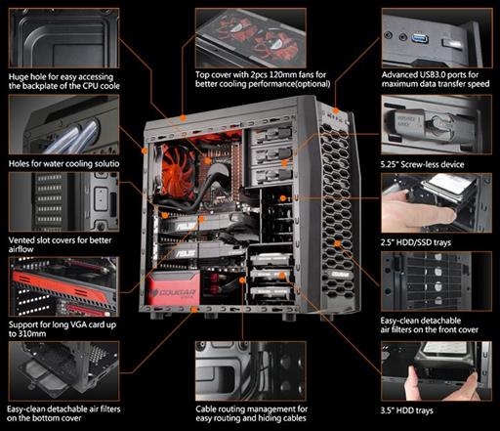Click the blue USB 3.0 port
(419, 38)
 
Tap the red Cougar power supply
(174, 289)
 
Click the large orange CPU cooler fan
(176, 170)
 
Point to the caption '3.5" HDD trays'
(407, 410)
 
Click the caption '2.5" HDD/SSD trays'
(416, 242)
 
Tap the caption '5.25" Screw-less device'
(423, 164)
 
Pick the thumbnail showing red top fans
(250, 38)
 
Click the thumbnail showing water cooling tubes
(63, 125)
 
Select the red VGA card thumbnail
(63, 286)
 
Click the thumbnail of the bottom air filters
(63, 371)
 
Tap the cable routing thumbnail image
(250, 371)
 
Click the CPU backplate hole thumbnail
(63, 38)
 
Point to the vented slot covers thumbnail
(63, 201)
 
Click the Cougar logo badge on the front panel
(339, 274)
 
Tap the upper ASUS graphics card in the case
(199, 224)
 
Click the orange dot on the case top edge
(183, 118)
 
